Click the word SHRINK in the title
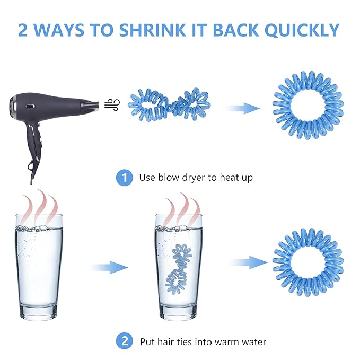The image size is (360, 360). click(x=152, y=30)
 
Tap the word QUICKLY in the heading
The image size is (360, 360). click(x=302, y=30)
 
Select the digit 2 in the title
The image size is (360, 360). click(x=23, y=30)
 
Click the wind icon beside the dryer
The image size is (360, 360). click(x=112, y=105)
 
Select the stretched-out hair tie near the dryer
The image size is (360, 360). click(x=169, y=104)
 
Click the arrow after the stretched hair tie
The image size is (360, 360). click(x=243, y=108)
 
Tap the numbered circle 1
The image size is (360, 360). click(x=125, y=178)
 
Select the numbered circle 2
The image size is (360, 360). click(x=125, y=341)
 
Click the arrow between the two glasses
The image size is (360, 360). click(x=109, y=267)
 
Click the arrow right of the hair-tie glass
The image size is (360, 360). click(x=249, y=262)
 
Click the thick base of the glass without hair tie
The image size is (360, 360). click(x=38, y=312)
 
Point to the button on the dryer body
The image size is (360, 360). click(x=31, y=107)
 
